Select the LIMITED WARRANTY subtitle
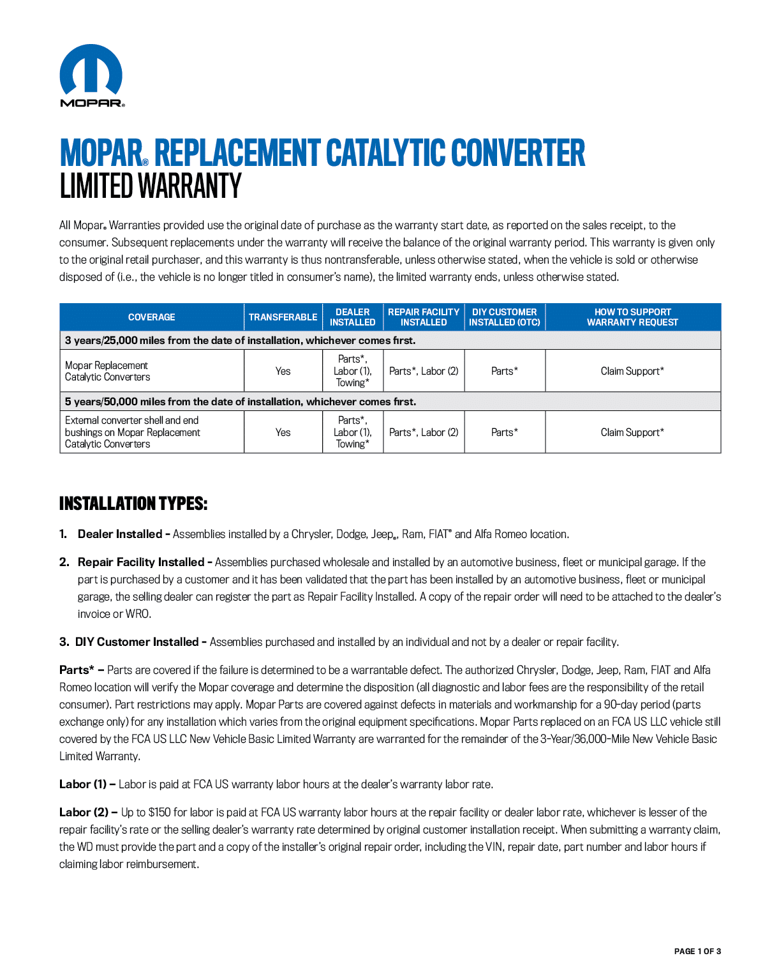point(151,186)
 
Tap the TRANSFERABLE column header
point(283,317)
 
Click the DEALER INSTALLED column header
point(352,317)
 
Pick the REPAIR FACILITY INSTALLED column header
point(424,317)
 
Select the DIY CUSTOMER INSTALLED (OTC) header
point(505,317)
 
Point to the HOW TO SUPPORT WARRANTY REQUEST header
point(632,317)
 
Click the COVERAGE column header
point(151,317)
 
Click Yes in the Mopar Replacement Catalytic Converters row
point(283,371)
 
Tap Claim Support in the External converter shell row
point(632,432)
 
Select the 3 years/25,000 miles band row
point(240,340)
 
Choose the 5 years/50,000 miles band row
point(241,401)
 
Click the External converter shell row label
point(133,432)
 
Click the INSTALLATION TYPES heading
point(133,504)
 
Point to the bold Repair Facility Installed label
point(141,562)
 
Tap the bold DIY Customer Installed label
point(137,642)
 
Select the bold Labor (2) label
point(84,812)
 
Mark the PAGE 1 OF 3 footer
point(697,951)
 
